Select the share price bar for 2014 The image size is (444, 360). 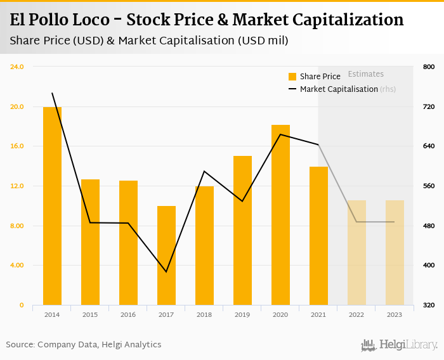(x=52, y=206)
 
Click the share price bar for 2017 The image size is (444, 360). (x=166, y=255)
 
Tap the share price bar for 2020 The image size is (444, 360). (x=280, y=215)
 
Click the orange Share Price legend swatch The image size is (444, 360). (x=292, y=77)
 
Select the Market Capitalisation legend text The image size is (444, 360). (x=339, y=89)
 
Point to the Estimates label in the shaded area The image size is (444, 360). (x=366, y=74)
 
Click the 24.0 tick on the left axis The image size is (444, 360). (x=17, y=67)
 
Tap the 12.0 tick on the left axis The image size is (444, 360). (x=17, y=186)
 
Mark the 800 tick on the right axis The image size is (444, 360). (x=429, y=67)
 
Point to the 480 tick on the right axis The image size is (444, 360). (x=429, y=226)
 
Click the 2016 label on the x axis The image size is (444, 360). (x=128, y=314)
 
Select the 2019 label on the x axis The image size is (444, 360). (x=242, y=314)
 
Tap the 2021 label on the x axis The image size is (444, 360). (x=318, y=314)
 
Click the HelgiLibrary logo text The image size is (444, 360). (x=408, y=345)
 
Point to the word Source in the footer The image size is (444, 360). (x=20, y=345)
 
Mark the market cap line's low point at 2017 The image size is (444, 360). (x=166, y=272)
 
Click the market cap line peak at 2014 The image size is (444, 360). (x=52, y=93)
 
